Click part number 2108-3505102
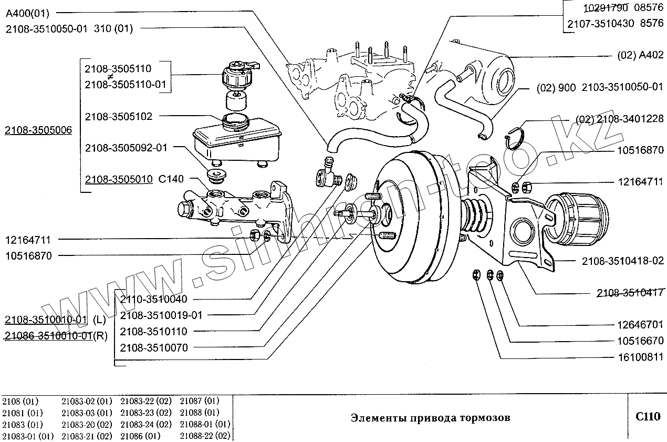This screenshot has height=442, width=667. coord(119,117)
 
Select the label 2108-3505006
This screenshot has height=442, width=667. coord(38,131)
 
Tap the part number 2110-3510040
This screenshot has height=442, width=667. coord(153,299)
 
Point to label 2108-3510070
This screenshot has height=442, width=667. coord(153,347)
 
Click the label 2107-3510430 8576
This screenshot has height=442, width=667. coord(615,24)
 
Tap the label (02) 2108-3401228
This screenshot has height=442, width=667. coord(620,119)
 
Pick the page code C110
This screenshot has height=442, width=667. coord(647,417)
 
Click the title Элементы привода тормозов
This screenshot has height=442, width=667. coord(430,418)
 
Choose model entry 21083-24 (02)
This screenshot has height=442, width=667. coord(145,424)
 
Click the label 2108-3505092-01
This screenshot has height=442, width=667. coord(126,148)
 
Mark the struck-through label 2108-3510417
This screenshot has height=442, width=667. coord(630,293)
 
